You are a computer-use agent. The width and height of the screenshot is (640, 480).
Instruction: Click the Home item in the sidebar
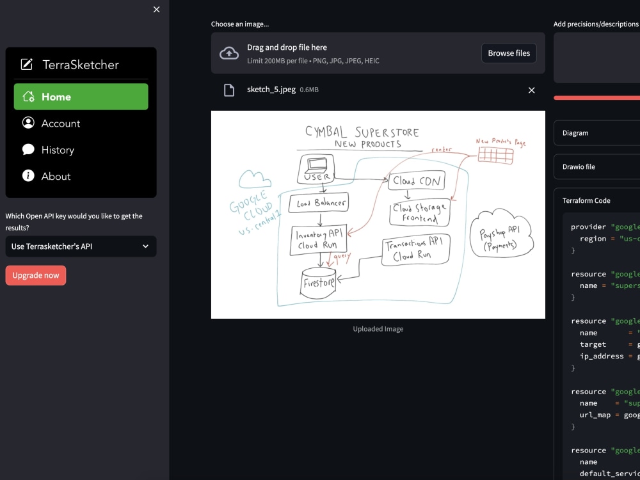[81, 97]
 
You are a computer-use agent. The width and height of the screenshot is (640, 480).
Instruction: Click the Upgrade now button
[36, 275]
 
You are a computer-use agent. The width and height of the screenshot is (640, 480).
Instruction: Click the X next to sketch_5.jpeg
[531, 90]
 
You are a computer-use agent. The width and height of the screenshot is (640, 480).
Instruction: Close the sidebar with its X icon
[157, 10]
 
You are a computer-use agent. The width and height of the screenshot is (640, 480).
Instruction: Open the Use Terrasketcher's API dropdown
[81, 246]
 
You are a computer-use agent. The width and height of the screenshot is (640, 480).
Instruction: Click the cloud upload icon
[229, 53]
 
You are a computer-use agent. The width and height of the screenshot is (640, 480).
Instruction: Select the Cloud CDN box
[417, 181]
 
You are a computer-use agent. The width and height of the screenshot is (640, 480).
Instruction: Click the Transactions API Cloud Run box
[416, 250]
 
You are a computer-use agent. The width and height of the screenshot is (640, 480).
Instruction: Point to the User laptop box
[316, 168]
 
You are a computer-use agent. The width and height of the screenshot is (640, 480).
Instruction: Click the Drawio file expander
[595, 166]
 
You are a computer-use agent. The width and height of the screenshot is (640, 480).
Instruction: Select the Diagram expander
[595, 133]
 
